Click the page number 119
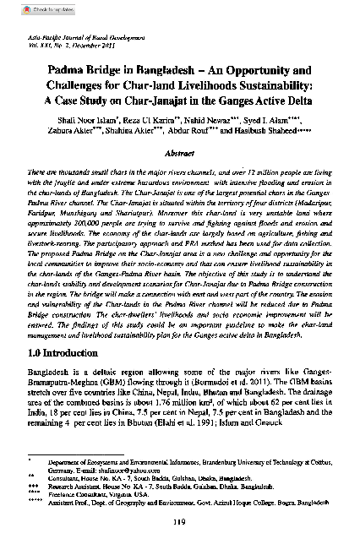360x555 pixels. (179, 531)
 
